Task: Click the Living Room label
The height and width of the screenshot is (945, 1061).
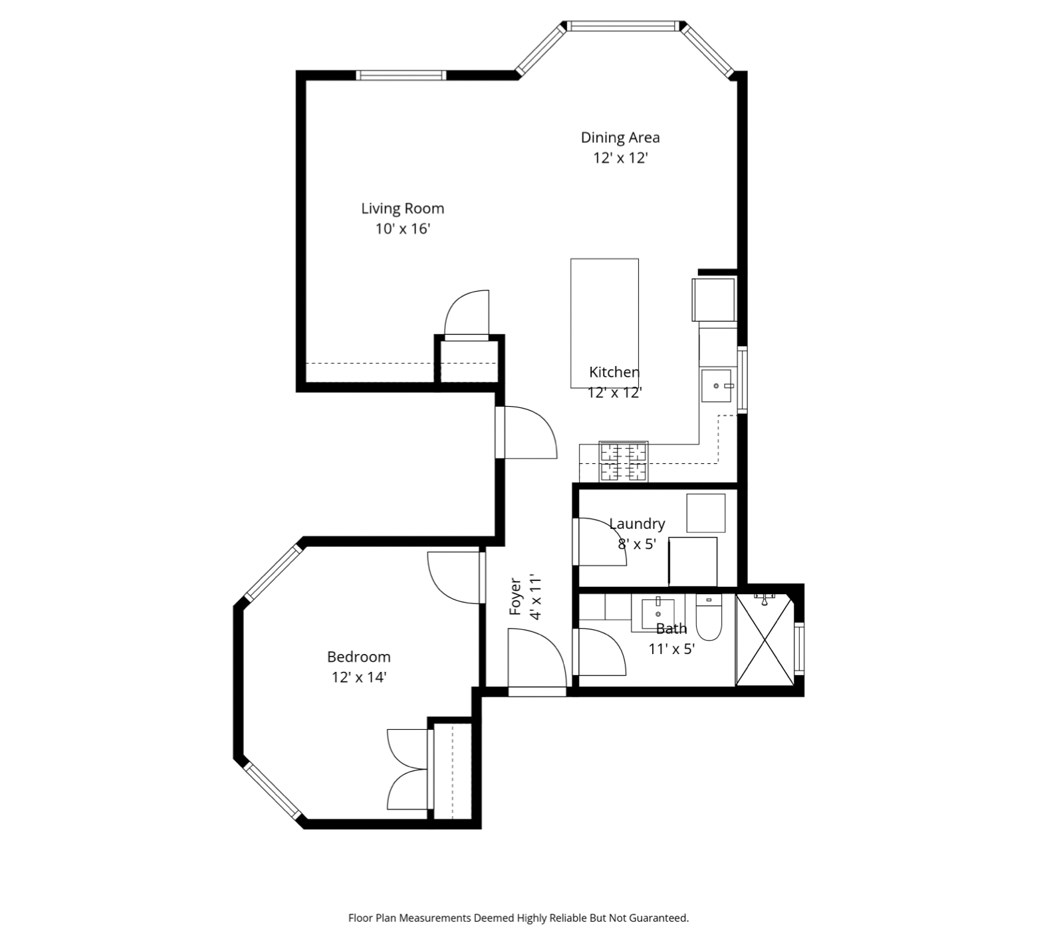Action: click(402, 209)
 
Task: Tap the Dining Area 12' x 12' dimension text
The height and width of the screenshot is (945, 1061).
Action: click(620, 158)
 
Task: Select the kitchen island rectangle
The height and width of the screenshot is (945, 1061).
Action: click(604, 323)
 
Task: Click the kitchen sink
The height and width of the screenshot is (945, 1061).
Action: click(717, 385)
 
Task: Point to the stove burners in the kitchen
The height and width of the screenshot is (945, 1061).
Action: click(624, 461)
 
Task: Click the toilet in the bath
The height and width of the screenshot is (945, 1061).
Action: click(709, 618)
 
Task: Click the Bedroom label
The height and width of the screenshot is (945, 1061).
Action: click(358, 657)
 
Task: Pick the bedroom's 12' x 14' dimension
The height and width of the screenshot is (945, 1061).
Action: click(359, 678)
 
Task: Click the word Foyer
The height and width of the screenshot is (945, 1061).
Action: click(515, 596)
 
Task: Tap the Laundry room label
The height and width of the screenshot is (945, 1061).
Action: click(637, 524)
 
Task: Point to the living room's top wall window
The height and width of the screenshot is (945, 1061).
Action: click(401, 75)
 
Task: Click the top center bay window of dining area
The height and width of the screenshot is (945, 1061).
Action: click(624, 26)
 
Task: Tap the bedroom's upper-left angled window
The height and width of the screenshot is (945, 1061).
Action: click(273, 572)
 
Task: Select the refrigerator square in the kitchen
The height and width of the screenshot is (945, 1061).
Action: click(714, 300)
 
